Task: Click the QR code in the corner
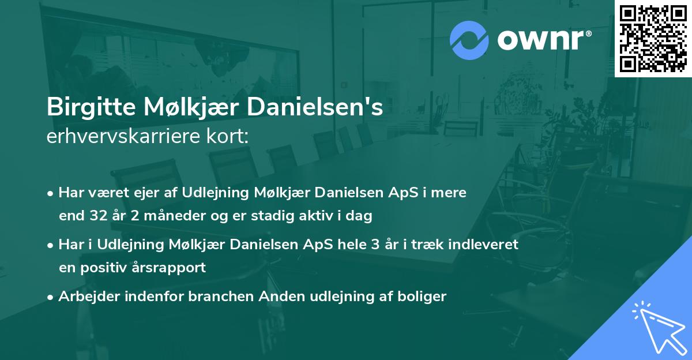point(653,38)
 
